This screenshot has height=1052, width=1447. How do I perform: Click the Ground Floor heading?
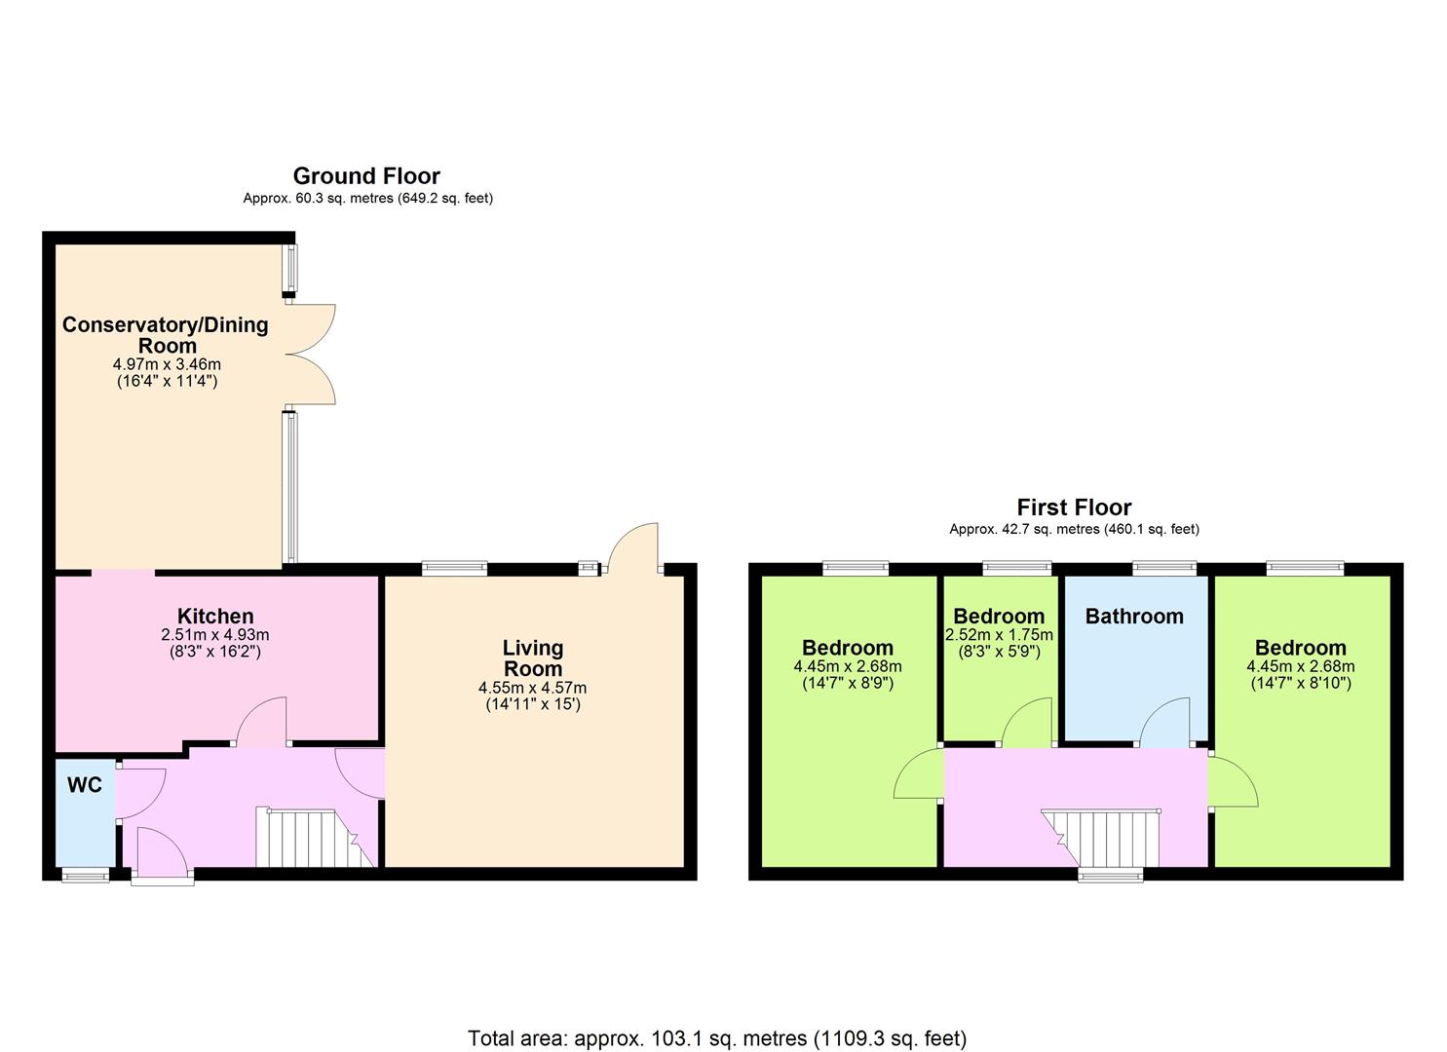point(366,175)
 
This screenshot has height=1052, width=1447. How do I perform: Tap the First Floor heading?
point(1074,507)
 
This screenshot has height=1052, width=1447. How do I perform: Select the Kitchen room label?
point(215,616)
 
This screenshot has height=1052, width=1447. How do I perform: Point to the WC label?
point(85,785)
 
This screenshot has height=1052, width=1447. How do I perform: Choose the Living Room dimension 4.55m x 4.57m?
point(532,688)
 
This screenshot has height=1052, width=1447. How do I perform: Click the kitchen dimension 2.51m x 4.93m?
point(215,634)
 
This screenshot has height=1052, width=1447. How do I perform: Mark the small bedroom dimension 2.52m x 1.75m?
point(999,635)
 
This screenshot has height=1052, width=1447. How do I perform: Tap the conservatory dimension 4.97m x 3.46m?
point(167,363)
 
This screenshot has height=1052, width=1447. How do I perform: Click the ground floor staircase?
point(316,838)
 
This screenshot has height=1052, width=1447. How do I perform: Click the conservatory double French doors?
point(311,354)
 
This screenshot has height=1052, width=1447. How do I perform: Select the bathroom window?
point(1164,568)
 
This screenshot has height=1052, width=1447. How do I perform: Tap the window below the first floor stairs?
point(1111,875)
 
